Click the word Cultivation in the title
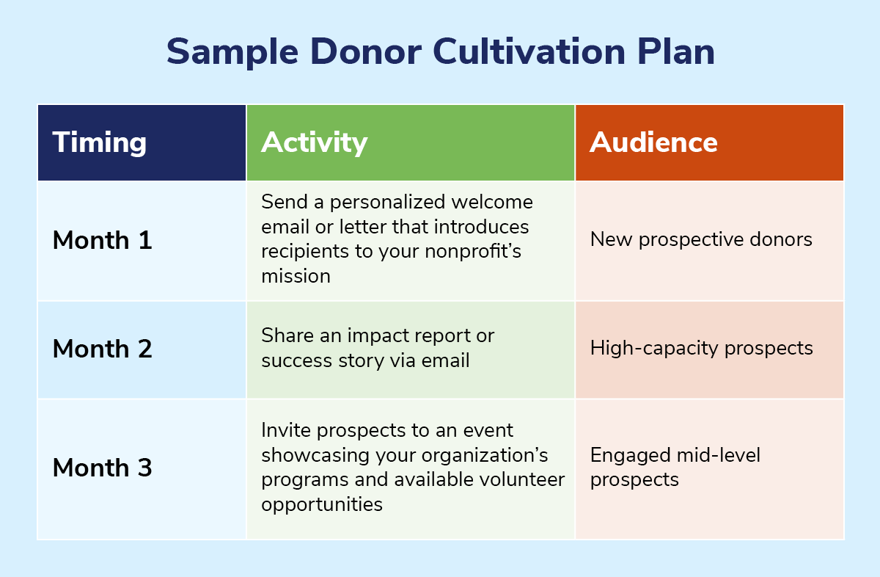tap(526, 52)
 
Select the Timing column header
tap(100, 142)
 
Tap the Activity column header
tap(314, 142)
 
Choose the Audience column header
tap(653, 142)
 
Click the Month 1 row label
tap(102, 241)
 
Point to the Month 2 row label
tap(102, 349)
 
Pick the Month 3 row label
tap(102, 468)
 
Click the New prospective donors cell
tap(700, 239)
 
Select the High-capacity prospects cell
tap(701, 348)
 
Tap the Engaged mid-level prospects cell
tap(675, 467)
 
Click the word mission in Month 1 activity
tap(296, 276)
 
